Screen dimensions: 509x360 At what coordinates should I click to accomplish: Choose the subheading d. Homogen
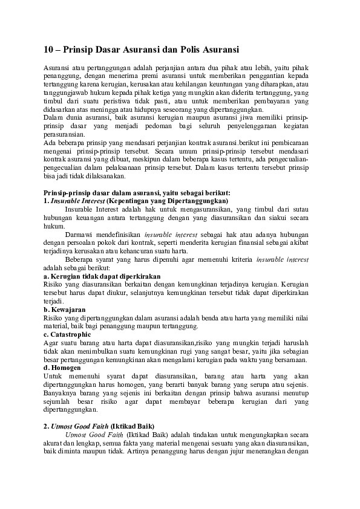(x=64, y=367)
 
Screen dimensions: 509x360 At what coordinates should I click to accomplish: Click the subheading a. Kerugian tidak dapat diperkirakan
(x=102, y=276)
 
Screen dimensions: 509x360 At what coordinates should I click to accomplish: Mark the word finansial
(x=252, y=242)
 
